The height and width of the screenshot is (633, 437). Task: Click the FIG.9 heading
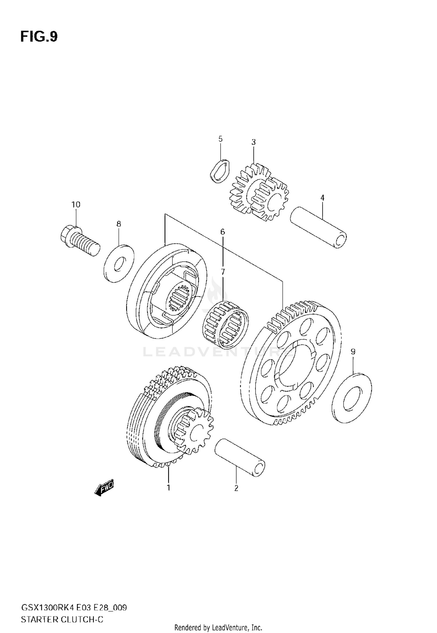click(39, 37)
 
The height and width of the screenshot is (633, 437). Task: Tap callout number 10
click(76, 204)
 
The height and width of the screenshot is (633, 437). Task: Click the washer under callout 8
click(119, 263)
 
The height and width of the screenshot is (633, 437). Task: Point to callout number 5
click(220, 139)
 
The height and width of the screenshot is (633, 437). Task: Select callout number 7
click(223, 272)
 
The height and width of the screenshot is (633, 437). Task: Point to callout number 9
click(353, 352)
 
